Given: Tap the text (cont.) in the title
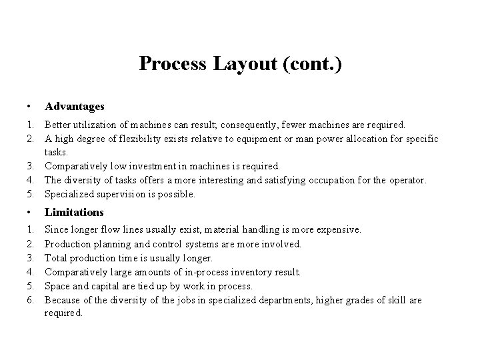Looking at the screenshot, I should click(311, 64).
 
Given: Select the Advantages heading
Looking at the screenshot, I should click(74, 106).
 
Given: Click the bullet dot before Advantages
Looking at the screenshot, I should click(25, 107).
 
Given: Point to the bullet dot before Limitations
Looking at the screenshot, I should click(25, 213).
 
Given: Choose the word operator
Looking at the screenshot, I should click(402, 180).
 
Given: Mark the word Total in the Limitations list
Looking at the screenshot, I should click(56, 258).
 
